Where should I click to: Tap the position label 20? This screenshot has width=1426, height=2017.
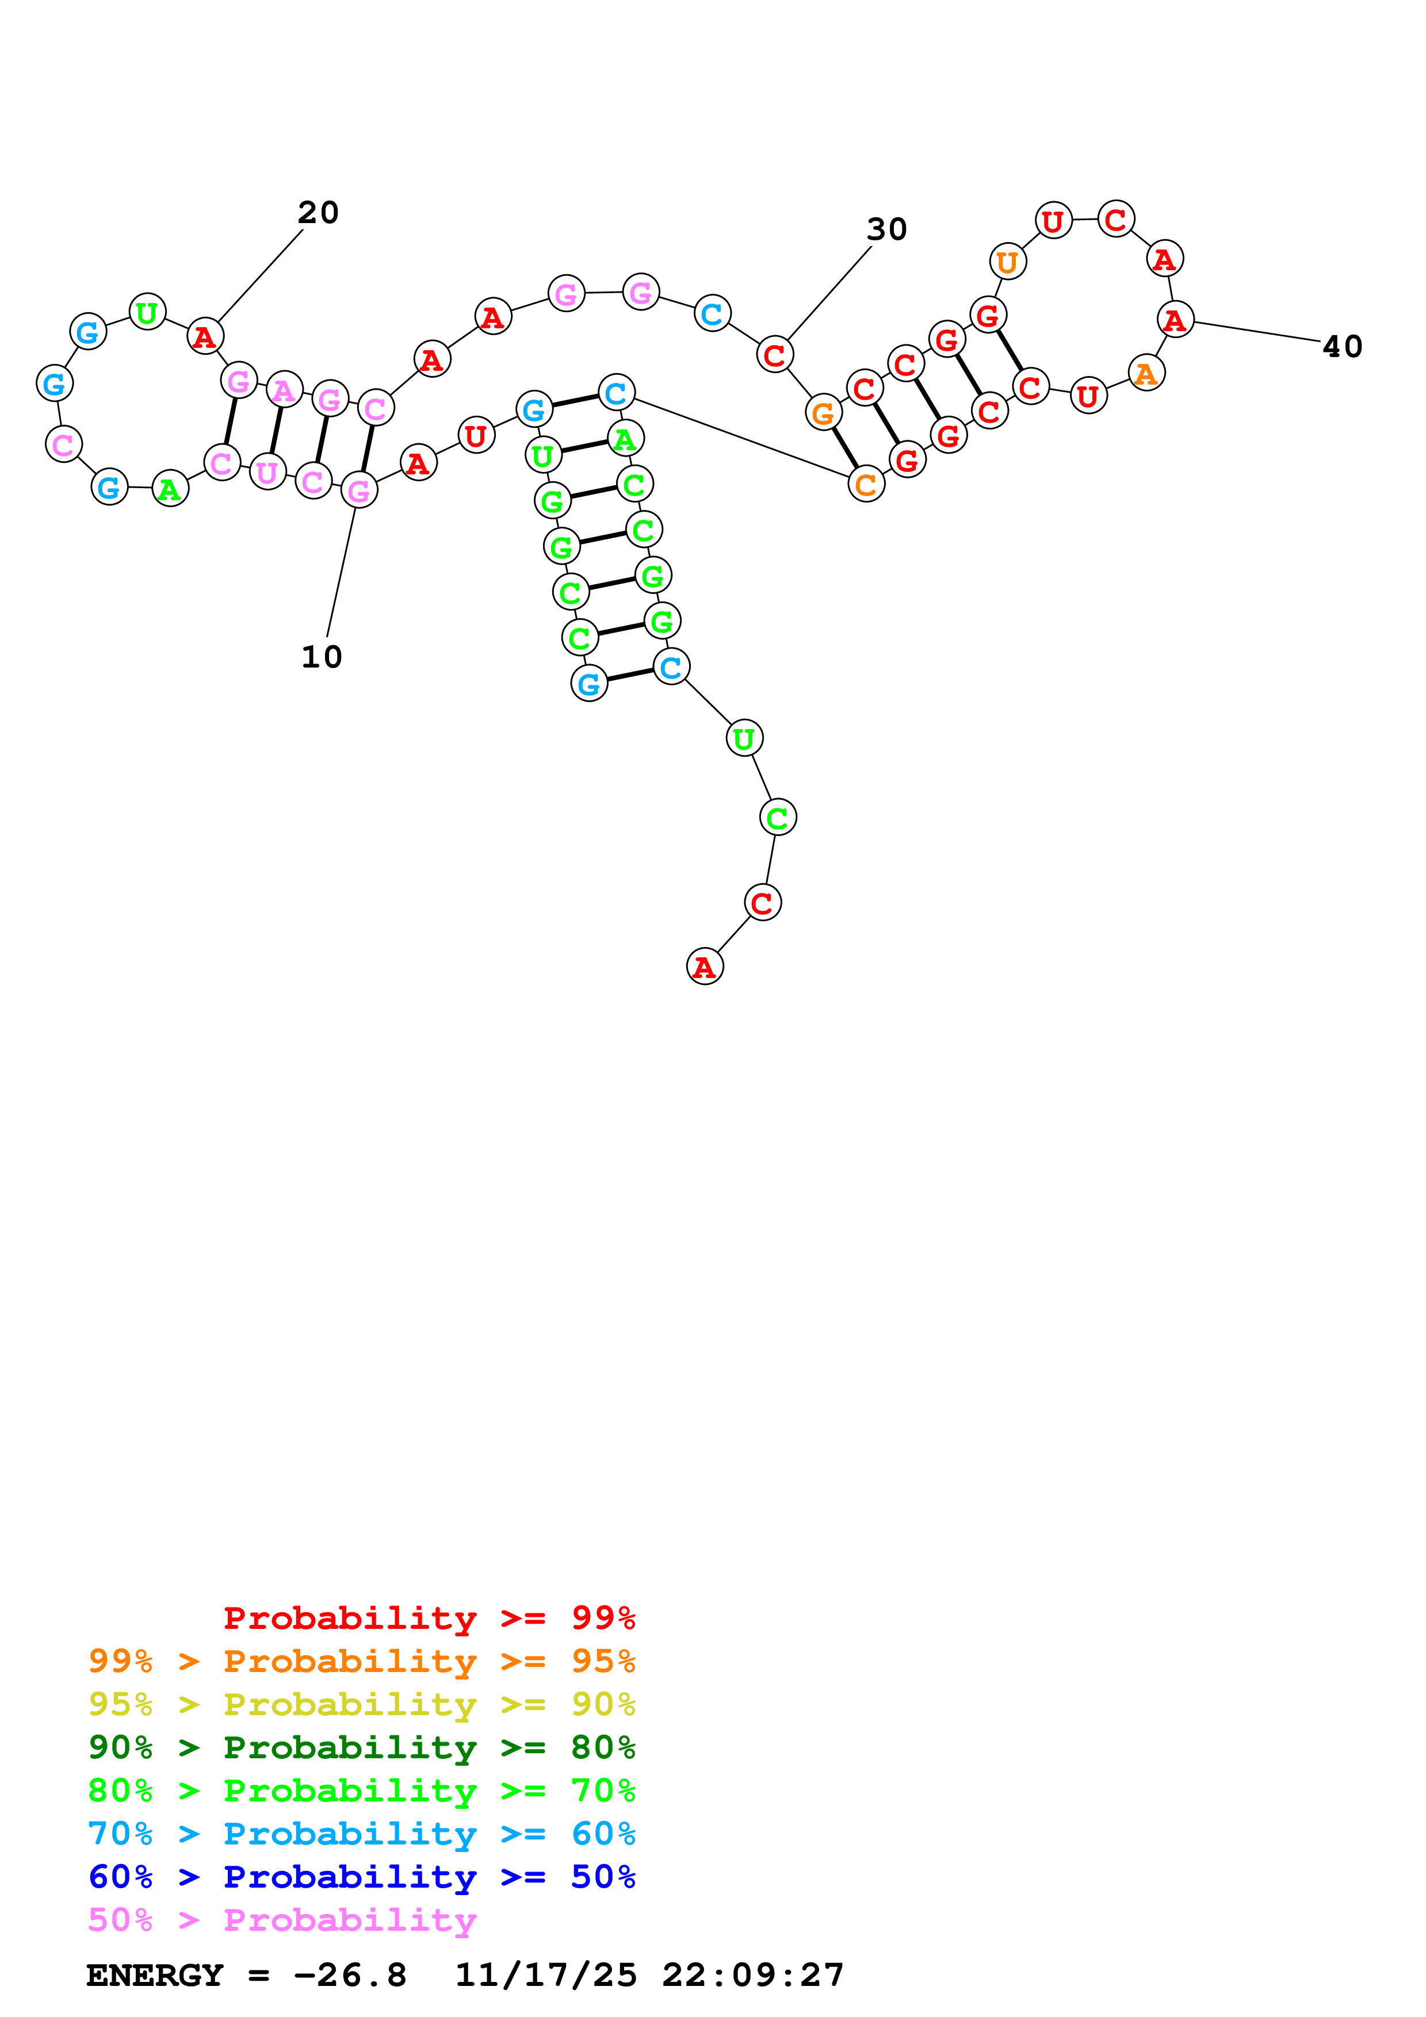click(x=318, y=213)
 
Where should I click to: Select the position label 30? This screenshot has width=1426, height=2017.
click(x=886, y=229)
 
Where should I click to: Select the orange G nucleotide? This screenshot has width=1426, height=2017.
click(x=823, y=413)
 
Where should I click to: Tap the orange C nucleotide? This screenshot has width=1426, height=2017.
click(x=866, y=484)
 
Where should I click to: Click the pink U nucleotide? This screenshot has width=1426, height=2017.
click(x=267, y=473)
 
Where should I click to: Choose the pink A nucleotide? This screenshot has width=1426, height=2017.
click(x=284, y=390)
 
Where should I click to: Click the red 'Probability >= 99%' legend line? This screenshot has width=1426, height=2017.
click(x=429, y=1617)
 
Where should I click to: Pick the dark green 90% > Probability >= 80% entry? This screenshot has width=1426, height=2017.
click(x=361, y=1747)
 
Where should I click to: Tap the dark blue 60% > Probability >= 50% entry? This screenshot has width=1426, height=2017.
click(x=361, y=1877)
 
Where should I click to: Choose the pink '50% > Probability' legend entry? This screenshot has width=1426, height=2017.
click(x=282, y=1919)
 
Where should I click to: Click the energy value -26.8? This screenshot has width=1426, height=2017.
click(x=350, y=1975)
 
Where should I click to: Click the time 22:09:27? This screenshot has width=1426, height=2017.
click(x=753, y=1975)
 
